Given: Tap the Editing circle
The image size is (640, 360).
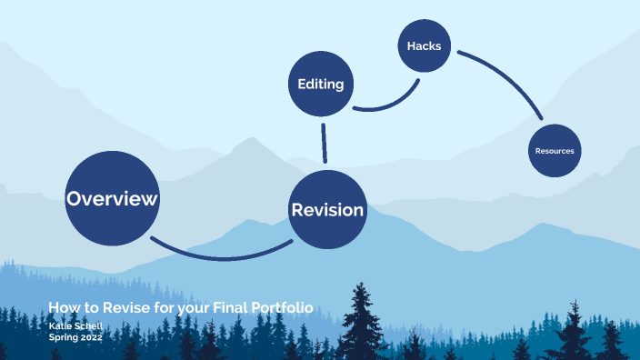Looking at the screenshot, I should coord(320,85).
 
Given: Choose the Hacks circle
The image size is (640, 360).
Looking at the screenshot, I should coord(424,45).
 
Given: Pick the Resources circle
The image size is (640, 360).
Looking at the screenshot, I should coord(555,150).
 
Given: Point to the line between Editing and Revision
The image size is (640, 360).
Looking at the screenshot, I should coord(324,144).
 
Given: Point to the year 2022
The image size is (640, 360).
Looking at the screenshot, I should coord(89,336).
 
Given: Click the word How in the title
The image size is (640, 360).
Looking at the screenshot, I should coord(62,308).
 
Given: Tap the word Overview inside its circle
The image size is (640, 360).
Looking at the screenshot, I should coord(112,198).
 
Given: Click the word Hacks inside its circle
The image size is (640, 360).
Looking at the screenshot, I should coord(424,45).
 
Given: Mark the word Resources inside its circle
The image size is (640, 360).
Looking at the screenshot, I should coord(555,151).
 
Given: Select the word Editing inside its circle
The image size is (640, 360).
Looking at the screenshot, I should coord(320,85).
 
